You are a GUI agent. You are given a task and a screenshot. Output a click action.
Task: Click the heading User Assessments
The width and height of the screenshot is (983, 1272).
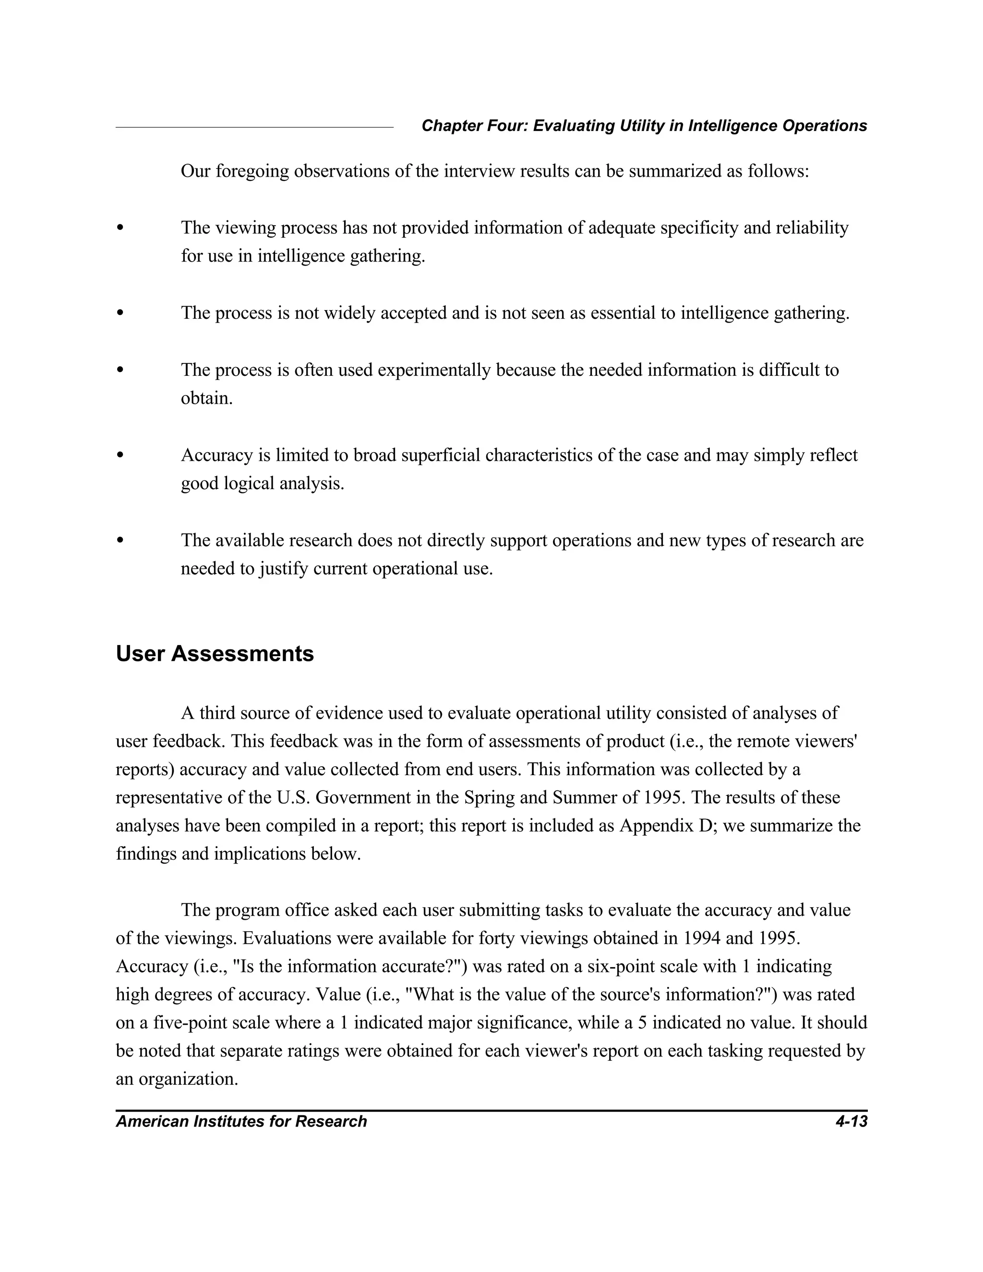(215, 654)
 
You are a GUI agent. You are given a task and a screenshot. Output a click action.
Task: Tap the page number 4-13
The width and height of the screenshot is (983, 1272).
(851, 1121)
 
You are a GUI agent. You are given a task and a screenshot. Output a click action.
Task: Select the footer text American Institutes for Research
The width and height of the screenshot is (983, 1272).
(241, 1121)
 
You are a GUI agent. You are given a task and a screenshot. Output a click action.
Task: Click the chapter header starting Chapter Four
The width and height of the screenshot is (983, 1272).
(644, 126)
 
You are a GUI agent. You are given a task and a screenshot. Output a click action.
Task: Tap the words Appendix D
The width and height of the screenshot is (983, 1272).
(658, 826)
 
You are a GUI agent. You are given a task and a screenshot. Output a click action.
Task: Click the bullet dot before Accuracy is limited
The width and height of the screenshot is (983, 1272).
(120, 455)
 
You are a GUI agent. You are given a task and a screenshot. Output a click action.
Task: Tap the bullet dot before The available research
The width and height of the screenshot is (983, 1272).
(120, 540)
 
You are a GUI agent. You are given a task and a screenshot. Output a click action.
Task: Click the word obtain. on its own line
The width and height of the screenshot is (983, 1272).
(207, 398)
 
